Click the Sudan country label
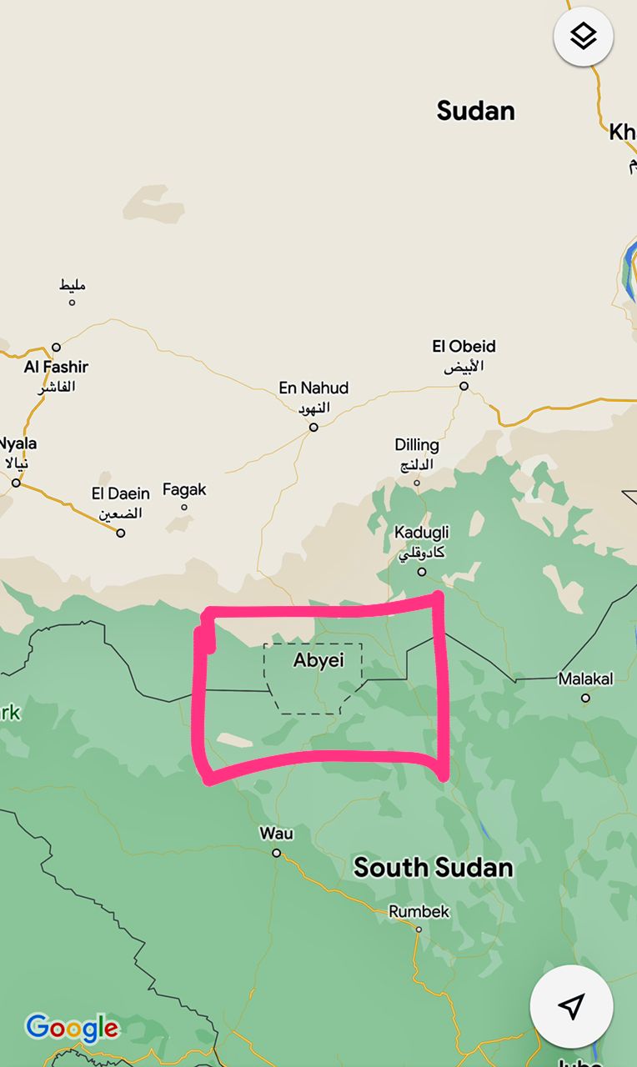(x=475, y=111)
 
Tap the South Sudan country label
(x=433, y=868)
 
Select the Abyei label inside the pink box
(x=318, y=660)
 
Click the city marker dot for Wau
(x=277, y=853)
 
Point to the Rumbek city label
(x=419, y=912)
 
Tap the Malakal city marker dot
(x=585, y=698)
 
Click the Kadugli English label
(x=422, y=533)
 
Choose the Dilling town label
(x=417, y=445)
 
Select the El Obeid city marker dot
(x=464, y=386)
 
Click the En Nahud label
(x=313, y=388)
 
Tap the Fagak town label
(x=184, y=490)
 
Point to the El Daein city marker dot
(x=121, y=533)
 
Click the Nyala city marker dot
(x=16, y=483)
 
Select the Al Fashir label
(x=56, y=367)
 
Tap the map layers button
(x=583, y=36)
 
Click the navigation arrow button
(x=571, y=1006)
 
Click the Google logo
(x=72, y=1028)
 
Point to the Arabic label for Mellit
(x=73, y=286)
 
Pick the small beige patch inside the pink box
(x=233, y=739)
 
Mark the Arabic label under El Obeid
(x=464, y=366)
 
